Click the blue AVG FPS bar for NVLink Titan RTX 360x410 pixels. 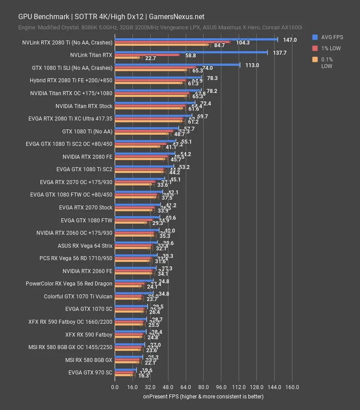pyautogui.click(x=191, y=52)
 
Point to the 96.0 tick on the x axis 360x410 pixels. pyautogui.click(x=221, y=387)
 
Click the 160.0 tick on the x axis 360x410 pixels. pyautogui.click(x=292, y=387)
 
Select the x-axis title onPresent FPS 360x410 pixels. pyautogui.click(x=203, y=396)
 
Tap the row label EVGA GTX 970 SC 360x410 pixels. pyautogui.click(x=90, y=372)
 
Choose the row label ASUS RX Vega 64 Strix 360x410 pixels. pyautogui.click(x=85, y=245)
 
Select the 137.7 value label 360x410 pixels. pyautogui.click(x=279, y=52)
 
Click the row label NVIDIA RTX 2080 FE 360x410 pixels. pyautogui.click(x=88, y=157)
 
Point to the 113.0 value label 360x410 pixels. pyautogui.click(x=252, y=65)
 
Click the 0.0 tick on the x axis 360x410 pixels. pyautogui.click(x=115, y=387)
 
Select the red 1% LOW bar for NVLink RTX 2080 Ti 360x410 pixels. pyautogui.click(x=172, y=43)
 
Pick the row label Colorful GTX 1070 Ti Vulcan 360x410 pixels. pyautogui.click(x=78, y=296)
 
